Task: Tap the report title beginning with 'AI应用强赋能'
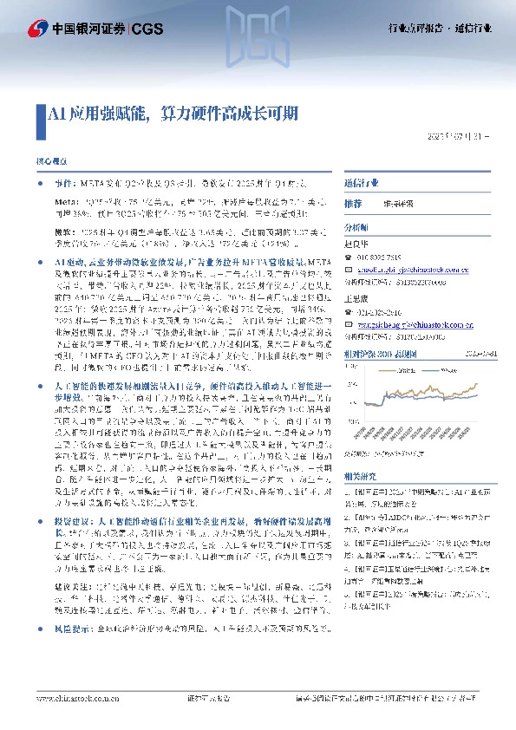[173, 114]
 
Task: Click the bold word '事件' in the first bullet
[64, 185]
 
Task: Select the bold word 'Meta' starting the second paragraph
[63, 199]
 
